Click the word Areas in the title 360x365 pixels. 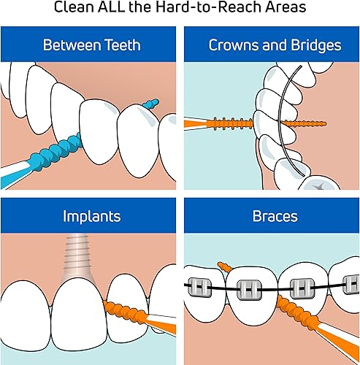click(285, 9)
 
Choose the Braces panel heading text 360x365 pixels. click(272, 217)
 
